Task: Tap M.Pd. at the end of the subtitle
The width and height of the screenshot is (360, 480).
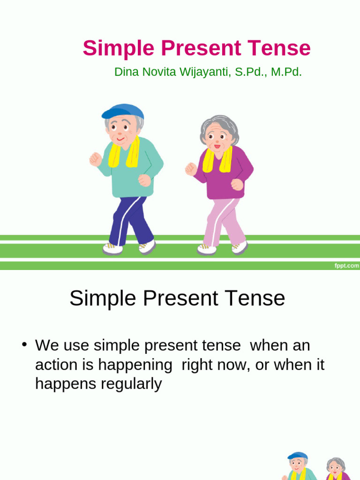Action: [286, 72]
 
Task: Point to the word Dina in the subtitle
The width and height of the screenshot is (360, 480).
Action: [126, 72]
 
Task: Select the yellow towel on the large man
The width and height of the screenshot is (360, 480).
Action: [124, 153]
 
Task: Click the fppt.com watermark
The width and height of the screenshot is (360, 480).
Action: [346, 266]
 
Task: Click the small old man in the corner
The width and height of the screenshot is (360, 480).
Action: [297, 466]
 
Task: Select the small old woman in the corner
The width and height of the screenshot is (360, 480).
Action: [336, 469]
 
